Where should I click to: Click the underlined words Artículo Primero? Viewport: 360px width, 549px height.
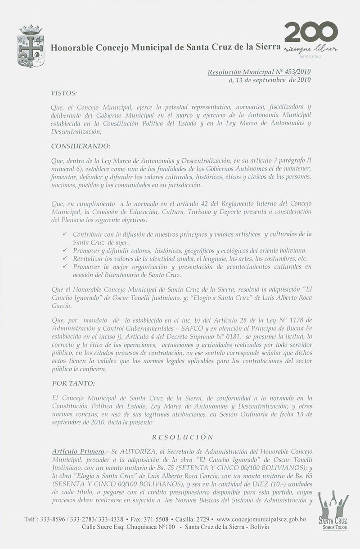tap(77, 451)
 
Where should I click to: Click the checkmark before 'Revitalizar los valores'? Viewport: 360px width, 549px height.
tap(66, 259)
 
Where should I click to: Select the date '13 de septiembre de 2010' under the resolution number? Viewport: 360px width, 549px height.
tap(270, 81)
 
